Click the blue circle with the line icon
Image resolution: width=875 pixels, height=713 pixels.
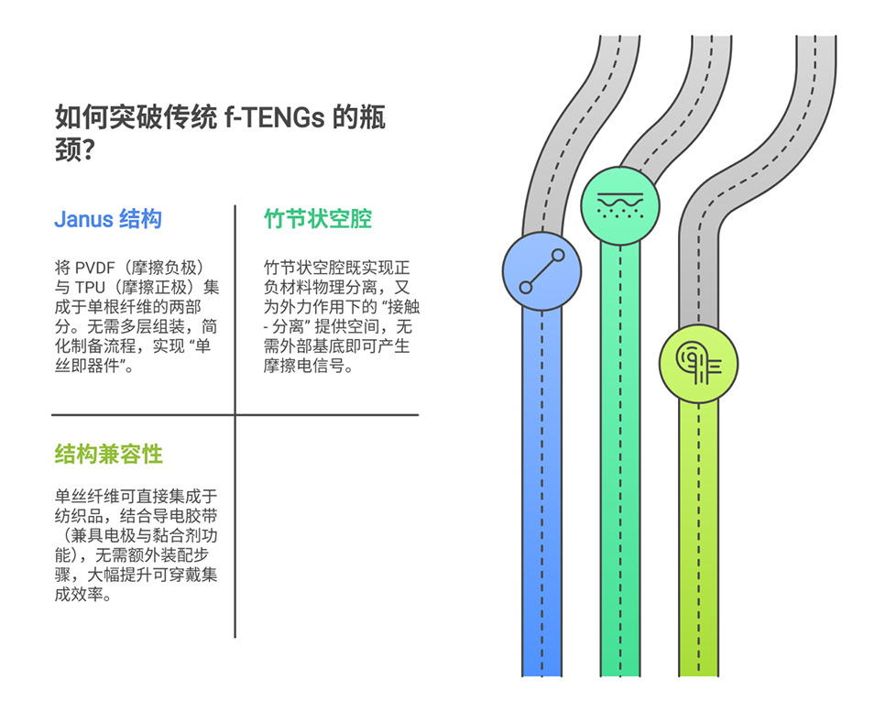click(x=541, y=271)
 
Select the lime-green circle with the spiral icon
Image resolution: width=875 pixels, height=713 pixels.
click(x=698, y=364)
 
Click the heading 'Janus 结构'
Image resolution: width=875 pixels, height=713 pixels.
click(x=108, y=220)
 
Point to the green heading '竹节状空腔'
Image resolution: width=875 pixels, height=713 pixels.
click(x=318, y=220)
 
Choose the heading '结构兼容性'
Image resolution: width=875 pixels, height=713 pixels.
click(x=108, y=454)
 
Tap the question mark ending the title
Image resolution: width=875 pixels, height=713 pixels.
click(x=90, y=151)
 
